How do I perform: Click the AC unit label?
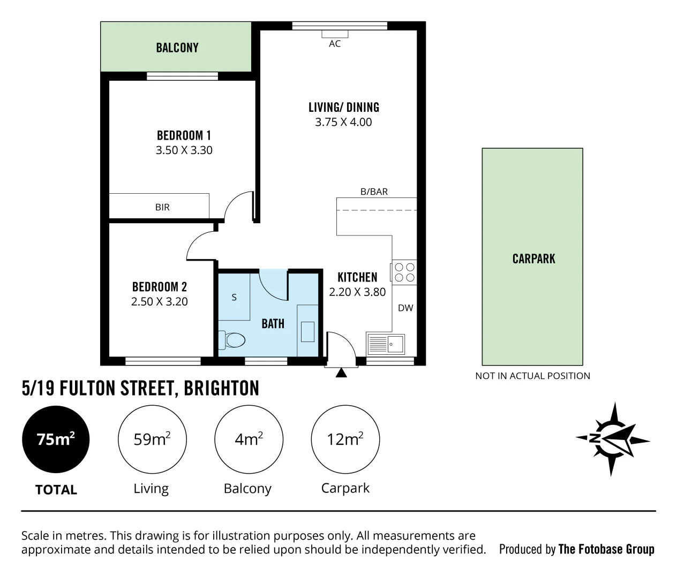tap(335, 44)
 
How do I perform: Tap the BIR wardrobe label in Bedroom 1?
tap(162, 207)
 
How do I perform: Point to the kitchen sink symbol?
tap(386, 344)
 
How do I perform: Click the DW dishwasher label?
tap(405, 308)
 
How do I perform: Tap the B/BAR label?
tap(374, 192)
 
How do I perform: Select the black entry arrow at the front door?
tap(341, 372)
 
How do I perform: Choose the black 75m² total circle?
tap(56, 439)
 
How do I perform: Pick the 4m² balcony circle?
tap(249, 439)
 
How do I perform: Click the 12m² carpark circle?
tap(345, 439)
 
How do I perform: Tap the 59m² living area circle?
tap(152, 439)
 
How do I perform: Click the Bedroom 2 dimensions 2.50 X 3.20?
tap(160, 302)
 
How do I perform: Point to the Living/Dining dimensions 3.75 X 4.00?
tap(343, 122)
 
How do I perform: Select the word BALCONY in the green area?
tap(177, 48)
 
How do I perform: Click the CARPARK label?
tap(533, 258)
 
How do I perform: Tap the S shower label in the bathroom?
tap(234, 297)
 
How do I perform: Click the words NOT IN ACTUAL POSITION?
tap(532, 376)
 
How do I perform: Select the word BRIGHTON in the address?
tap(221, 388)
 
